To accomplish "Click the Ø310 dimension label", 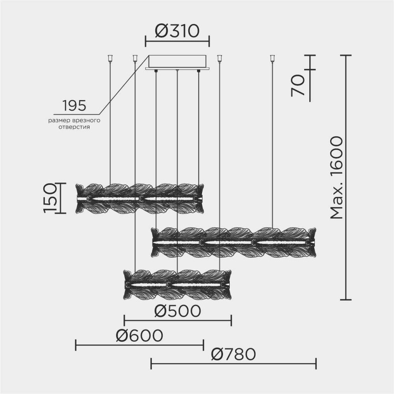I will click(177, 31).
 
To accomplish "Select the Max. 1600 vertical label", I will click(336, 177).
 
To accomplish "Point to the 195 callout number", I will click(74, 106).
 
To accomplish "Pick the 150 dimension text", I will click(50, 198).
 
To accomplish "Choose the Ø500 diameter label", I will click(177, 311).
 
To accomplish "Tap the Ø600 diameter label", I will click(139, 336).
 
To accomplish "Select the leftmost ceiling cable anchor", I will click(110, 59).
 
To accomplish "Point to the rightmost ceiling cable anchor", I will click(272, 59).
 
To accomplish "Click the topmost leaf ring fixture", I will click(140, 198).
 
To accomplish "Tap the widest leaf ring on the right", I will click(234, 242).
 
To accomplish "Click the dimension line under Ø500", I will click(177, 320).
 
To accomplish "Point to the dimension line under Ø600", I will click(139, 345).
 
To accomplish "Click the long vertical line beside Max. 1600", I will click(346, 177).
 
